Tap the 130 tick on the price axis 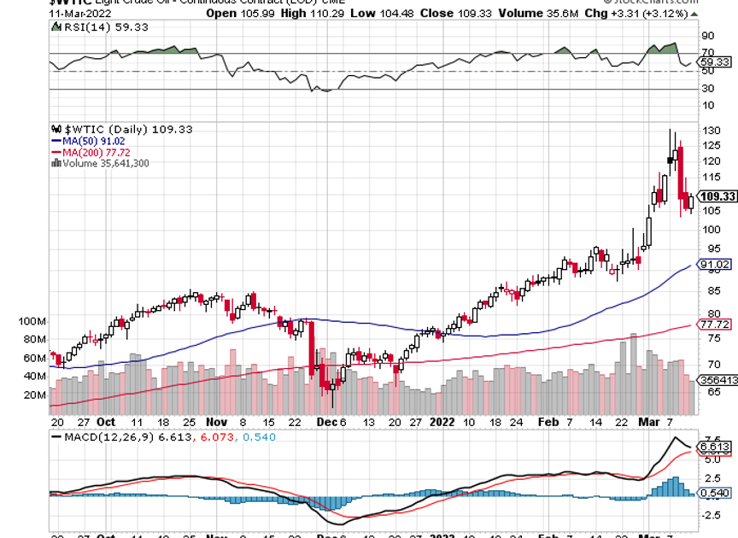[708, 130]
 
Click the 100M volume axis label [32, 321]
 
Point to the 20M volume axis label [35, 395]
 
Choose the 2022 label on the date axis [442, 421]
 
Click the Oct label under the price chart [106, 421]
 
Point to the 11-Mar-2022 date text [82, 13]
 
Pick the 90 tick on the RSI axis [707, 36]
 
